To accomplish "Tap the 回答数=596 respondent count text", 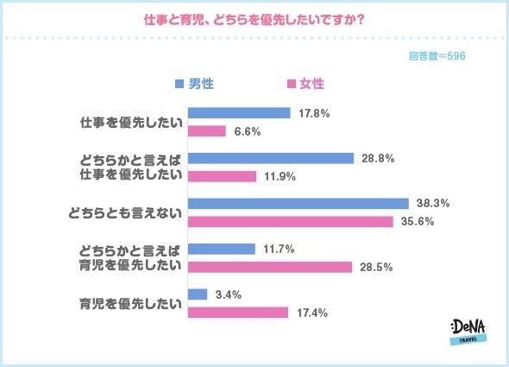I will [x=438, y=54].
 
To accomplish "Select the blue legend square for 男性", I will [x=179, y=84].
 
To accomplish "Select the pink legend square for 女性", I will [x=291, y=84].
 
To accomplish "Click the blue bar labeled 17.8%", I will [x=239, y=113].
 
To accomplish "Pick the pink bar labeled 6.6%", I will [x=206, y=131].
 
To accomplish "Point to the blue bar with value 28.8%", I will [x=271, y=158].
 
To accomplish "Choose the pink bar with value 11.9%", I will [x=222, y=176].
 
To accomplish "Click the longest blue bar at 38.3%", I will [x=298, y=204].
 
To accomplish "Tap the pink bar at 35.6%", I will [x=291, y=222].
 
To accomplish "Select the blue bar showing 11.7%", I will [x=221, y=249].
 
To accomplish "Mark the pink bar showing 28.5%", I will [x=270, y=267].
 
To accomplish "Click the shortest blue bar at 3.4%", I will [x=198, y=294].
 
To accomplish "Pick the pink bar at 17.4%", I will [x=237, y=313].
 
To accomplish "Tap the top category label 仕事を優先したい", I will [x=129, y=122].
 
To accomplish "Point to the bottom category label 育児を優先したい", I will [x=129, y=303].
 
